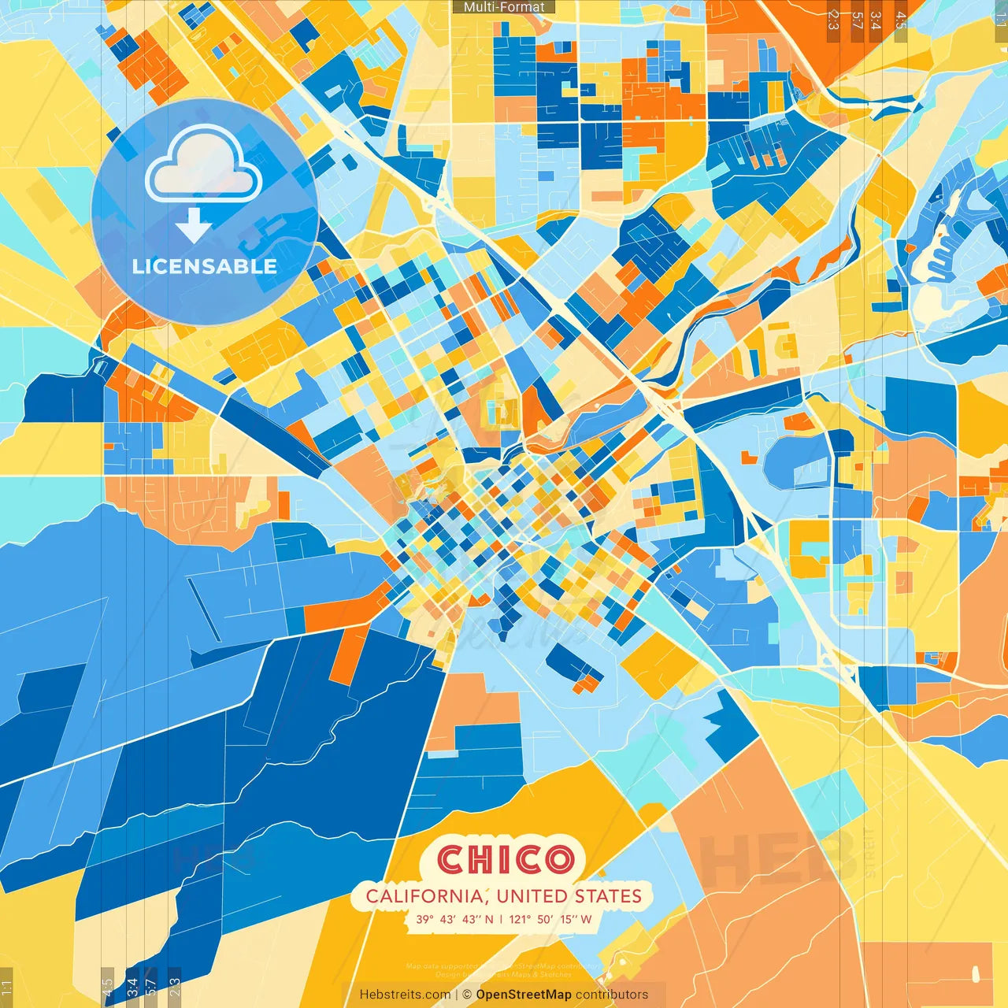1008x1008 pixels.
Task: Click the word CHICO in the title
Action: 505,860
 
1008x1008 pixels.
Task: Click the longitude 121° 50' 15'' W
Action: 550,919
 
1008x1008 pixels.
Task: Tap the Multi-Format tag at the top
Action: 504,7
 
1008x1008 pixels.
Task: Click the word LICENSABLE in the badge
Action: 205,266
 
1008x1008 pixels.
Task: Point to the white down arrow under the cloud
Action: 194,226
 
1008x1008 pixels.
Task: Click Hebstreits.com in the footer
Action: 405,995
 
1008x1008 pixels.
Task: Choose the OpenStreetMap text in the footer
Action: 524,995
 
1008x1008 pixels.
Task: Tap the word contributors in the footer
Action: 612,995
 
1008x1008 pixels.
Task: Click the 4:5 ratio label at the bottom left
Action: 107,987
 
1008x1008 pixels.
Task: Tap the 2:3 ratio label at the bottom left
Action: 175,987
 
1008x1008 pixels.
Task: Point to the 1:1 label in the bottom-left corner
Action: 6,988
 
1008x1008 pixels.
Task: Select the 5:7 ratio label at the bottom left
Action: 151,987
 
